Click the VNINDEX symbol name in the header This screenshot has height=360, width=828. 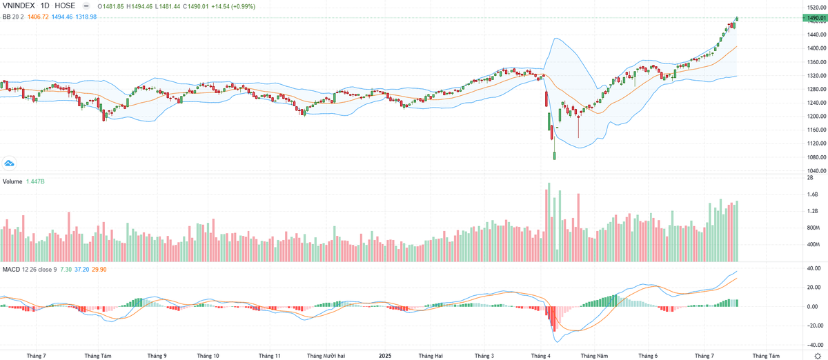click(19, 6)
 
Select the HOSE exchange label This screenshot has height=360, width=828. click(65, 6)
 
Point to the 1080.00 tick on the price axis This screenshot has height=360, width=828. click(816, 157)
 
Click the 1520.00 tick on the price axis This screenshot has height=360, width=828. click(816, 7)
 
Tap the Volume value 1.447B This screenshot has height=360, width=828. click(37, 181)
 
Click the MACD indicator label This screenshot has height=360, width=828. click(10, 268)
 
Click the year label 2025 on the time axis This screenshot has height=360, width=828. click(385, 355)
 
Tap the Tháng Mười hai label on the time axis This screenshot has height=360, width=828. click(326, 355)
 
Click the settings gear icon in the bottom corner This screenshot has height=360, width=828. click(818, 354)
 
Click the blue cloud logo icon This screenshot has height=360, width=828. click(10, 163)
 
